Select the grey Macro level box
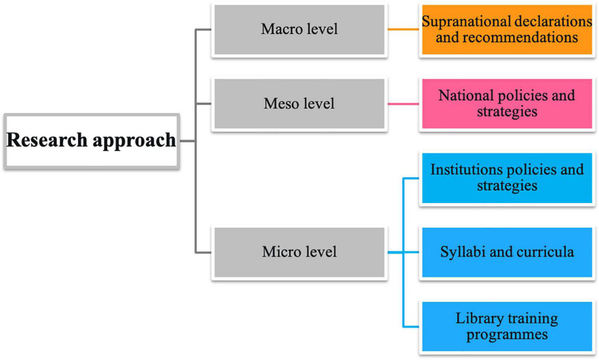pos(299,30)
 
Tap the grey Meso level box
pos(299,104)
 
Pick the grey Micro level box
pos(299,252)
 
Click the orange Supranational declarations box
pos(506,30)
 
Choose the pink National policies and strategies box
pos(506,104)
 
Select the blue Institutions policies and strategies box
pos(506,178)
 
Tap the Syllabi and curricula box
pos(506,252)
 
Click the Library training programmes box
pos(506,326)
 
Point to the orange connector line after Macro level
pos(403,30)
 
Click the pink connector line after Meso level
pos(403,104)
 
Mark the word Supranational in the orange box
pos(462,22)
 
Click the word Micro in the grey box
pos(279,252)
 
